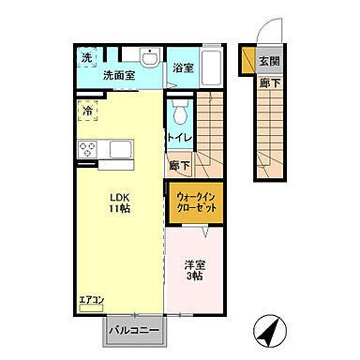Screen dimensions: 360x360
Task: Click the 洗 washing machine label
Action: (86, 57)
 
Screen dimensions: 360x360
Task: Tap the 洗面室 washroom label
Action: (119, 75)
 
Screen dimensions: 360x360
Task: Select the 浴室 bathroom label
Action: (183, 67)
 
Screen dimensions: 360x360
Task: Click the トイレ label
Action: (180, 138)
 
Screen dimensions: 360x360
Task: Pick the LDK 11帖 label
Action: (119, 202)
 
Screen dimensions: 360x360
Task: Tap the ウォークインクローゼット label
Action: (196, 203)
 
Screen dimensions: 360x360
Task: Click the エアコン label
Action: (91, 301)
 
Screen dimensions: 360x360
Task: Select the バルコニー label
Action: (132, 331)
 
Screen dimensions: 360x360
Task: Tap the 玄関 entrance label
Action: (269, 62)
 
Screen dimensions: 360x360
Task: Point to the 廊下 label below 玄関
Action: (268, 82)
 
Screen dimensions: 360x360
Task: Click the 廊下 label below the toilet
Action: (179, 165)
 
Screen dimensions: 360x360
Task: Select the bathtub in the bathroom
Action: (209, 67)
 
